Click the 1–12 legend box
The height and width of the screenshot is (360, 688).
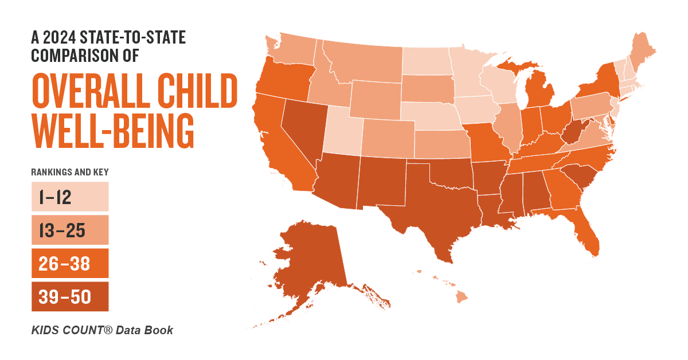(69, 197)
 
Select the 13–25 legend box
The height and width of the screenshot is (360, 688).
(69, 230)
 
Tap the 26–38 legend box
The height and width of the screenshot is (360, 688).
(69, 264)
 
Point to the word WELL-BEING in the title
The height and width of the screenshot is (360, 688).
(112, 131)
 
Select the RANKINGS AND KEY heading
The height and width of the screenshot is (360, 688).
(70, 171)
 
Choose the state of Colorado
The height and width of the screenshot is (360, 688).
(387, 138)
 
